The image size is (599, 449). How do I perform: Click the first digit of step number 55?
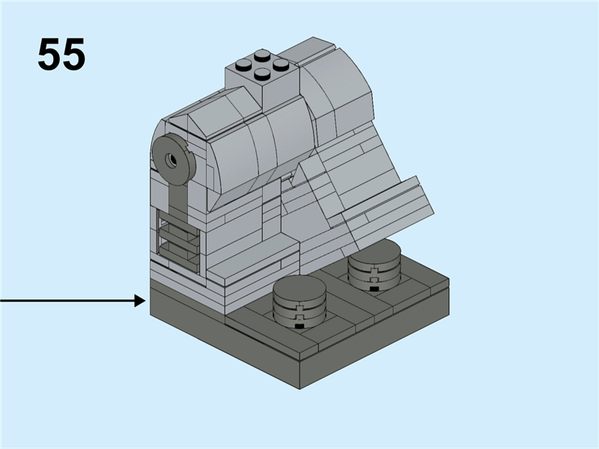click(x=49, y=55)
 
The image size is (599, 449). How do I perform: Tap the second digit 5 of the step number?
click(x=73, y=55)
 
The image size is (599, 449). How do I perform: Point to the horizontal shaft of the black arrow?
click(x=67, y=301)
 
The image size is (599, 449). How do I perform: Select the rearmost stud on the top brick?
click(x=261, y=55)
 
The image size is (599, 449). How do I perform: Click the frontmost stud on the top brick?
click(x=261, y=74)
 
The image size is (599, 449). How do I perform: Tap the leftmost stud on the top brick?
click(x=243, y=65)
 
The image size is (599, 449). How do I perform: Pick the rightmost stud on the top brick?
click(x=281, y=64)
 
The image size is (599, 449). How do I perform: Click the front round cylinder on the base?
click(x=299, y=299)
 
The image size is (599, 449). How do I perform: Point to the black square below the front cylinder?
click(x=299, y=326)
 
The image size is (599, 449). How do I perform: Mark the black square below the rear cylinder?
click(x=373, y=287)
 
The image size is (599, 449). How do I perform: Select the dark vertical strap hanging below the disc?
click(x=177, y=198)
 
